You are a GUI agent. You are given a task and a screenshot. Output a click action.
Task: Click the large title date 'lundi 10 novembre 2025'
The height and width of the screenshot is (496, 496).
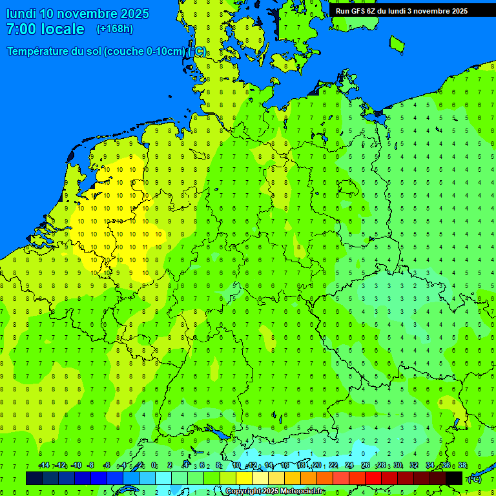[77, 14]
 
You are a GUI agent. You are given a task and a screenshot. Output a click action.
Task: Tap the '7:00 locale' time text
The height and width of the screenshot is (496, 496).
[45, 29]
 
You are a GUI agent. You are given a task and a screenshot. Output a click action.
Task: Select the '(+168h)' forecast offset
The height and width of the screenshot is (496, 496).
[115, 29]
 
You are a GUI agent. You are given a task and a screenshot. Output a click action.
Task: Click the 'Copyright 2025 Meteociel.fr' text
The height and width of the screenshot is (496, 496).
[275, 491]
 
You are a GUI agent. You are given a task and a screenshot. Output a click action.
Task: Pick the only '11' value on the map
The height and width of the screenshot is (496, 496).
[143, 247]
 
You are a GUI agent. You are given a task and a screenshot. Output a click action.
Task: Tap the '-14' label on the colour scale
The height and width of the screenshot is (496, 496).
[44, 466]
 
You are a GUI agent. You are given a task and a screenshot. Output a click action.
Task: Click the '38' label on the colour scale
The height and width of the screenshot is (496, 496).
[462, 466]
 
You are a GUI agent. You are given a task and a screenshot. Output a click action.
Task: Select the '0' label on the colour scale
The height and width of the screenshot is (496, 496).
[154, 466]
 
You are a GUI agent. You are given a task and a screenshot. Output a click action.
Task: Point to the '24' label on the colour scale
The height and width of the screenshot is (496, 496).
[349, 466]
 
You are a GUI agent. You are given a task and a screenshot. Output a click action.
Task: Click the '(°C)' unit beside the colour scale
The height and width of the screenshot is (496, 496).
[474, 479]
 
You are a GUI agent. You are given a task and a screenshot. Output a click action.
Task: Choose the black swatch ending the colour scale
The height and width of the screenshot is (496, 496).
[454, 478]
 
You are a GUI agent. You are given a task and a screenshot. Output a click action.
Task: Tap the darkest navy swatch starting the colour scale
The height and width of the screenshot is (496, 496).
[34, 478]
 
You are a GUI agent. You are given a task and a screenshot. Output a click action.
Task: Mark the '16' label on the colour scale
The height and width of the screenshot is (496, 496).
[285, 466]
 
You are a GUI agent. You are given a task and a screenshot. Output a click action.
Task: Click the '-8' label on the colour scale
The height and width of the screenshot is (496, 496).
[90, 466]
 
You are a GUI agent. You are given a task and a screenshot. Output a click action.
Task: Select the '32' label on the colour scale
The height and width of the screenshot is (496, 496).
[414, 466]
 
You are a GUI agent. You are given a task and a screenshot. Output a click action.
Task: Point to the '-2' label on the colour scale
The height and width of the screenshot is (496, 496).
[138, 466]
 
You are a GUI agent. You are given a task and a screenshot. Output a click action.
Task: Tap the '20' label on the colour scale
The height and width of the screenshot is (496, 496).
[317, 466]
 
